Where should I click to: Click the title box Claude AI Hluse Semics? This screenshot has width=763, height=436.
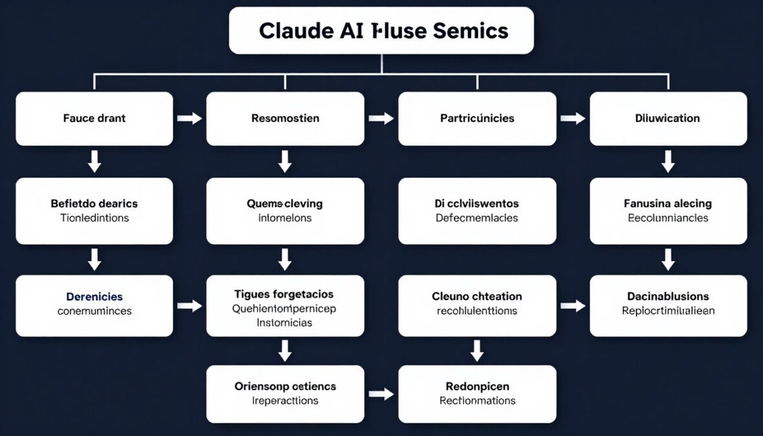[381, 30]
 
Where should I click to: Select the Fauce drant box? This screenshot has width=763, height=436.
[94, 119]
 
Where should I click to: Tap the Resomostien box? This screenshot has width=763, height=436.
[285, 119]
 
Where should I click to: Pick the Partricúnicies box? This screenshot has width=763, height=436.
[477, 119]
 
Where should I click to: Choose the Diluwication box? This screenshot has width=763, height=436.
[668, 119]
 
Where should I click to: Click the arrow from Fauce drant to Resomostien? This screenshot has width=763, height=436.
[189, 119]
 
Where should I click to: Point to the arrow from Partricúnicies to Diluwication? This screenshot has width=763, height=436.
[572, 119]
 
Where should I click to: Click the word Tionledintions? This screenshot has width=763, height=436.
[94, 218]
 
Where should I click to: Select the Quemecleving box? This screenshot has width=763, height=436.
[285, 211]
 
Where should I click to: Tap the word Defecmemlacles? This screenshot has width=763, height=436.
[477, 218]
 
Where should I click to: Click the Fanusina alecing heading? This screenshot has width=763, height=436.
[668, 203]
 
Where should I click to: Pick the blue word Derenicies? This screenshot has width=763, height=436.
[94, 297]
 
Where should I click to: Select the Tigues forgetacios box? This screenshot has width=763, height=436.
[285, 306]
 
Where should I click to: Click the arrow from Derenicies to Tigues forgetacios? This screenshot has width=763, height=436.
[189, 306]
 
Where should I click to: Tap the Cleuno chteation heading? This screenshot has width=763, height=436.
[477, 296]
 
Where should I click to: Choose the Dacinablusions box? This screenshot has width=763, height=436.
[668, 306]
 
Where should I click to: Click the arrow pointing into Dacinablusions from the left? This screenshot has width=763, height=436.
[572, 306]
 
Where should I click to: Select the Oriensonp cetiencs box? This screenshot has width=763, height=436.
[285, 394]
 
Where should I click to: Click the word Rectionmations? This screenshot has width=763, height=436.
[477, 401]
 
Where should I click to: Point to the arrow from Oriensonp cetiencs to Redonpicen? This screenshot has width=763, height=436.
[381, 394]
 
